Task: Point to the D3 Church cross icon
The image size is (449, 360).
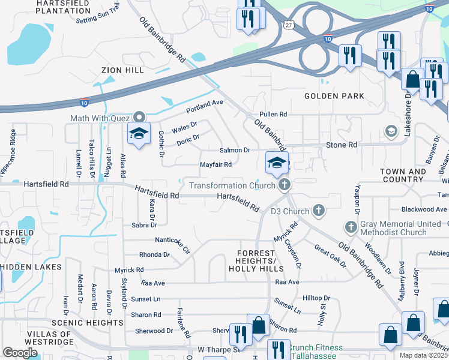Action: click(319, 211)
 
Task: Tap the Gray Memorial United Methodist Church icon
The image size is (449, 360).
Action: click(352, 227)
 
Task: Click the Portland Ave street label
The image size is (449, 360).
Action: click(204, 104)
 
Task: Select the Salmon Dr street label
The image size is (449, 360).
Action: click(234, 150)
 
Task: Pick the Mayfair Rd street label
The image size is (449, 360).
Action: click(215, 165)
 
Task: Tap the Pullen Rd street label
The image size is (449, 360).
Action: click(273, 114)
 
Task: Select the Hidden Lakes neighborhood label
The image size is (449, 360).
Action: click(31, 266)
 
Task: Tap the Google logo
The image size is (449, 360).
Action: click(20, 353)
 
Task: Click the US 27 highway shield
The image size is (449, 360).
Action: click(290, 25)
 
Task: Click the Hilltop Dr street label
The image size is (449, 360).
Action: click(316, 298)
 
